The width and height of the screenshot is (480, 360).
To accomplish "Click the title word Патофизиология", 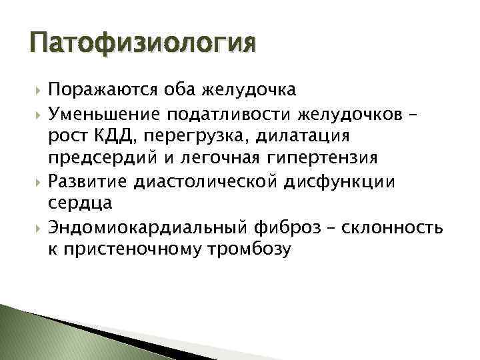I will pyautogui.click(x=142, y=44).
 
